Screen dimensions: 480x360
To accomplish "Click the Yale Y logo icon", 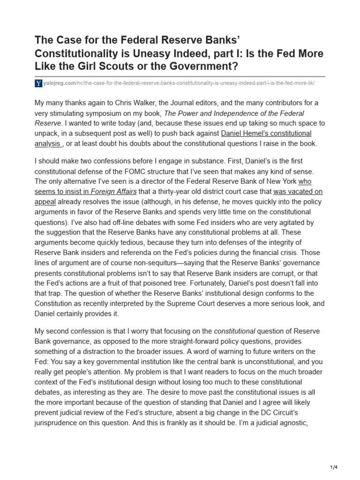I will click(38, 83).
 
